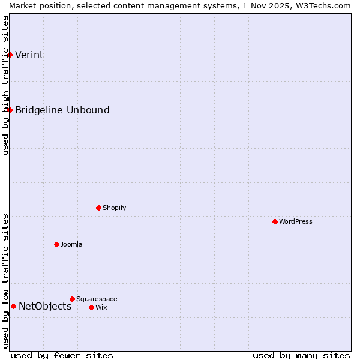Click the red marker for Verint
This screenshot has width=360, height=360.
coord(10,55)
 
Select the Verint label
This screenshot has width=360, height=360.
coord(29,55)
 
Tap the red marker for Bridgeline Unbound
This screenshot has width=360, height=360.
coord(10,110)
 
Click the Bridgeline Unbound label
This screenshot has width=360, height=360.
coord(62,110)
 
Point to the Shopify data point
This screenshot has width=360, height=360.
coord(98,208)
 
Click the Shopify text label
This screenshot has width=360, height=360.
coord(114,208)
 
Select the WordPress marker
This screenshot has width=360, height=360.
coord(275,221)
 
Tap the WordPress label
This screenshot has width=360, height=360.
coord(295,221)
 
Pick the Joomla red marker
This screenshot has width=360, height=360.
coord(56,244)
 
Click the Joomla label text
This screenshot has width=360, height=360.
coord(71,244)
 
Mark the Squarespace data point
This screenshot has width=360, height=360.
coord(72,299)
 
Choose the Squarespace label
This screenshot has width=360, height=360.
coord(97,299)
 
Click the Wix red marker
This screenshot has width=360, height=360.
coord(91,307)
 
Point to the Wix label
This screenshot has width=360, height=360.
coord(101,307)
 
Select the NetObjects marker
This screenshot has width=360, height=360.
coord(13,306)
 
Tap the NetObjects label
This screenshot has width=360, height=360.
coord(45,307)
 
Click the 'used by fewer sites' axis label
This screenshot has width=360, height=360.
coord(62,355)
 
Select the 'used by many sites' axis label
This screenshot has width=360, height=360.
coord(301,355)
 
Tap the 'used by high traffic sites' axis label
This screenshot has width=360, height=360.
coord(5,85)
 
